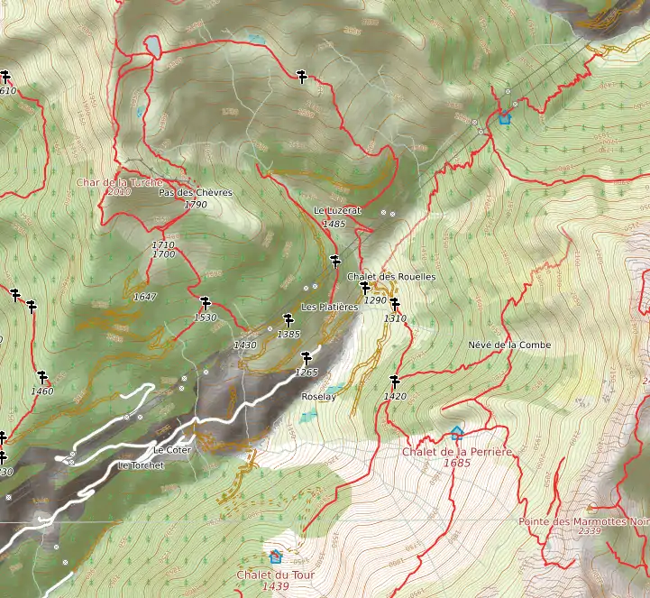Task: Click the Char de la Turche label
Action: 120,181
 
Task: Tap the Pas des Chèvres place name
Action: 196,192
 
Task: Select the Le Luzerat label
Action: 337,210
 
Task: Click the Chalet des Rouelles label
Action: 391,276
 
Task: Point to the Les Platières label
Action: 330,307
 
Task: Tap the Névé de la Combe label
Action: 509,345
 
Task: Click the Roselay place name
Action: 317,396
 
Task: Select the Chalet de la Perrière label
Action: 457,451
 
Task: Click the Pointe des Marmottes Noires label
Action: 584,521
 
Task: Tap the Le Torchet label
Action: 141,465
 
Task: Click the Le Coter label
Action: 172,449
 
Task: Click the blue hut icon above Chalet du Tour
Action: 275,557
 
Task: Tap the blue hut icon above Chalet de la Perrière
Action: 456,433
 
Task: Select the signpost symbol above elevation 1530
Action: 205,303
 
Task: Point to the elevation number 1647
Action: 144,297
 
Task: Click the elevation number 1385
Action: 288,334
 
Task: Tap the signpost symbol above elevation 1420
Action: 394,381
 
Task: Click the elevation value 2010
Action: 119,192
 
